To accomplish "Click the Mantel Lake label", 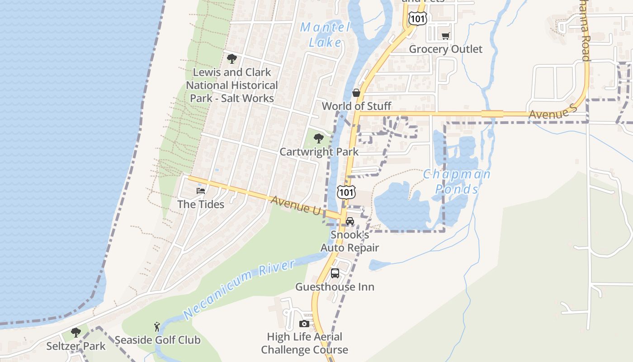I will click(325, 34).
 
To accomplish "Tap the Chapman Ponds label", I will click(457, 181).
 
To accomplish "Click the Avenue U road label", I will click(296, 205).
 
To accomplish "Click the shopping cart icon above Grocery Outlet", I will click(446, 36).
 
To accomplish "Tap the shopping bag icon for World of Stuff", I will click(356, 93).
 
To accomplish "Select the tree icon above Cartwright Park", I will click(319, 138).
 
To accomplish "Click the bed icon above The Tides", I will click(201, 191).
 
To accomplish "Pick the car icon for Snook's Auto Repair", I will click(350, 221).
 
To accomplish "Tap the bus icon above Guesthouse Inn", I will click(335, 273).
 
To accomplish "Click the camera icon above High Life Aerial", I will click(304, 324).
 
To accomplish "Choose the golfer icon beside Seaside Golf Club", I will click(157, 326).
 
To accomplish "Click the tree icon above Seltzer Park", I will click(76, 333).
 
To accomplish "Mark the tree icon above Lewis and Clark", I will click(232, 59).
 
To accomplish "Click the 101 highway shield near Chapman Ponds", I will click(346, 192).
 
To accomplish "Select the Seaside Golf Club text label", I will click(157, 340).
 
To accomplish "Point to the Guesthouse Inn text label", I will click(335, 287).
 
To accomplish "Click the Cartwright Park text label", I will click(319, 152).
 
